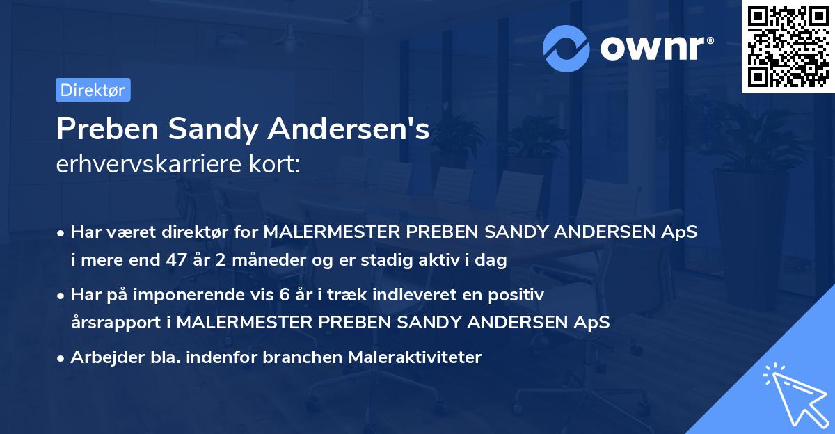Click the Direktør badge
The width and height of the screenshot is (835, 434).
click(93, 90)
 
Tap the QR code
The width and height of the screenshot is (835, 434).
click(788, 47)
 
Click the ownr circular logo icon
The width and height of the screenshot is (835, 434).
click(566, 48)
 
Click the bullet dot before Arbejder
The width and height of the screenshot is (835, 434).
click(62, 358)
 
